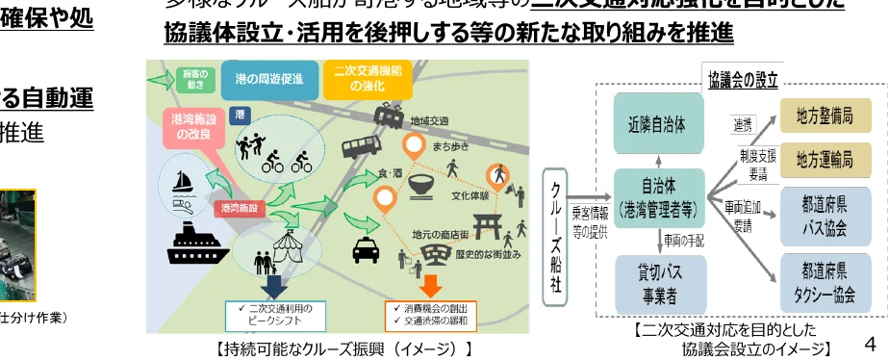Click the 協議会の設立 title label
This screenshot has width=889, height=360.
pyautogui.click(x=741, y=79)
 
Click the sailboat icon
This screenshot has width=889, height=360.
pyautogui.click(x=184, y=180)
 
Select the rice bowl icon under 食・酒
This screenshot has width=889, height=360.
pyautogui.click(x=422, y=186)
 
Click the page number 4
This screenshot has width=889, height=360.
pyautogui.click(x=871, y=343)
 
